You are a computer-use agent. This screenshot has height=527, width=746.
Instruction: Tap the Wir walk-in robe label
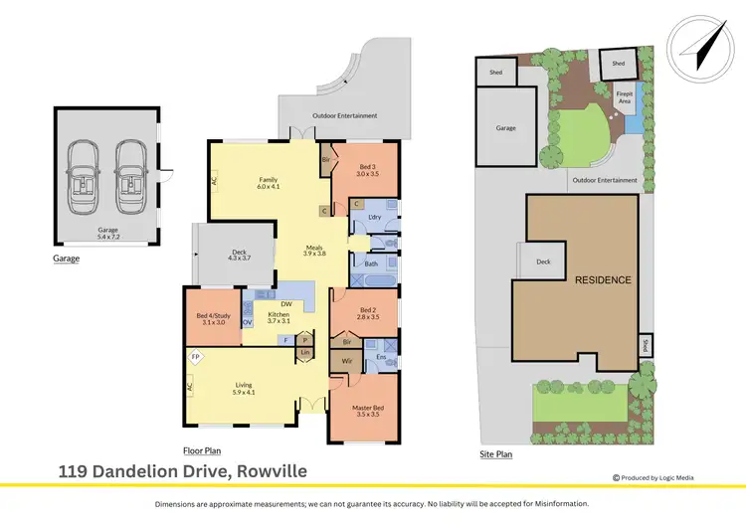tap(346, 360)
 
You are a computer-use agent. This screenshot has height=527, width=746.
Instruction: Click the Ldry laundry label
tap(375, 216)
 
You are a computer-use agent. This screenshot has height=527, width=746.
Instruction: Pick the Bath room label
tap(371, 263)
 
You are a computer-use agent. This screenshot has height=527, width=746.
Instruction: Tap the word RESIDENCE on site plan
tap(603, 280)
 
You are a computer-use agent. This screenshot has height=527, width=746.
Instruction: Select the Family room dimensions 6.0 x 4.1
tap(269, 186)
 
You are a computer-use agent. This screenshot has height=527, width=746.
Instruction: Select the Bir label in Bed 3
tap(325, 159)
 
